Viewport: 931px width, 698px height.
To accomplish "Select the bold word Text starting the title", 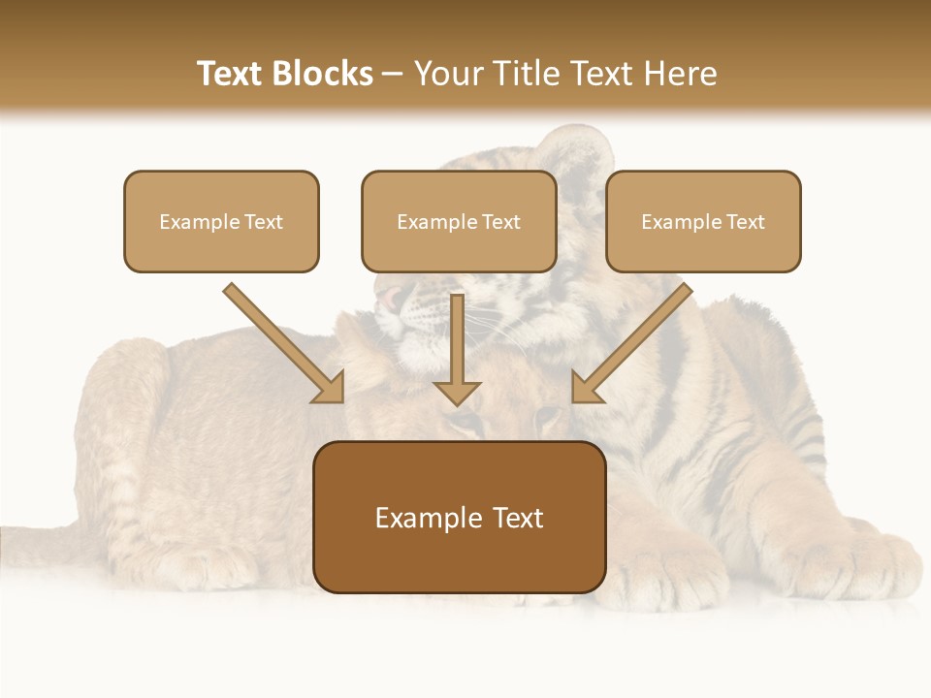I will point(232,74).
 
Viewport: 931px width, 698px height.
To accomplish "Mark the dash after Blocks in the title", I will point(393,75).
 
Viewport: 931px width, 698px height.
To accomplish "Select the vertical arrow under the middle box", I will point(457,349).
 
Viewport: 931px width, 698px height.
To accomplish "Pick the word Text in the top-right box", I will point(745,222).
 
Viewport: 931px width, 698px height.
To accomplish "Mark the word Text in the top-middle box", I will point(500,222).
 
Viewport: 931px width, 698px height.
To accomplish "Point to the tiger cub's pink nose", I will point(388,298).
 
